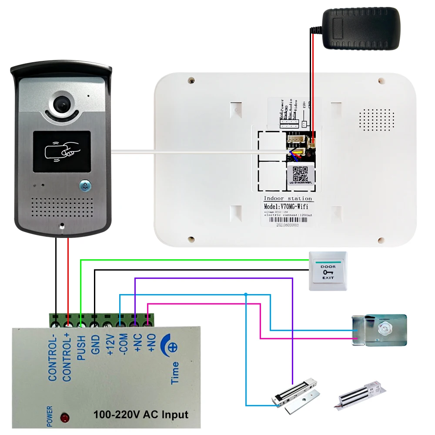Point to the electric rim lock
click(x=379, y=330)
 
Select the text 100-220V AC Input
click(x=141, y=414)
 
